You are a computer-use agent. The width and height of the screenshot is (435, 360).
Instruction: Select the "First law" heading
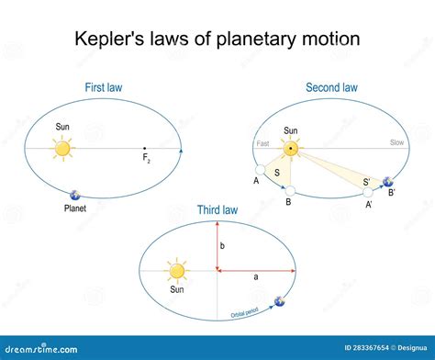click(104, 87)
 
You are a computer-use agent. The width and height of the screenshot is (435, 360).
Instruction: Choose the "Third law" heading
click(217, 210)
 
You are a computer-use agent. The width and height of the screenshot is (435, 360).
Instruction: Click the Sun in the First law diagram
click(61, 148)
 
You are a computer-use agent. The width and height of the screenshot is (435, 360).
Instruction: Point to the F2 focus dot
click(144, 148)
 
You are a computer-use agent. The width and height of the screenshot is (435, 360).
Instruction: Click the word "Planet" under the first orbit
click(76, 208)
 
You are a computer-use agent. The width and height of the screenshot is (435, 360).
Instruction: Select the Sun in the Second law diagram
click(290, 148)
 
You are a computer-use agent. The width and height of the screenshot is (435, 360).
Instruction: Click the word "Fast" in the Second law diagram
click(262, 143)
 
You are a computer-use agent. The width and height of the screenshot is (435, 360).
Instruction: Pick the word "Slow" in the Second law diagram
click(396, 143)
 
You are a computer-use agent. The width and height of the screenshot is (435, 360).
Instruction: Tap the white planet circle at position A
click(261, 171)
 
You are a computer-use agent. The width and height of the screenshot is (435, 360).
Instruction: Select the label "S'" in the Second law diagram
click(367, 183)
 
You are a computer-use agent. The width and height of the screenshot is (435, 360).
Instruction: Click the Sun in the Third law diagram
click(177, 271)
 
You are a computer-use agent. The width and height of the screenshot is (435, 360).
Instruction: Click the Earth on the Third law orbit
click(279, 300)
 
